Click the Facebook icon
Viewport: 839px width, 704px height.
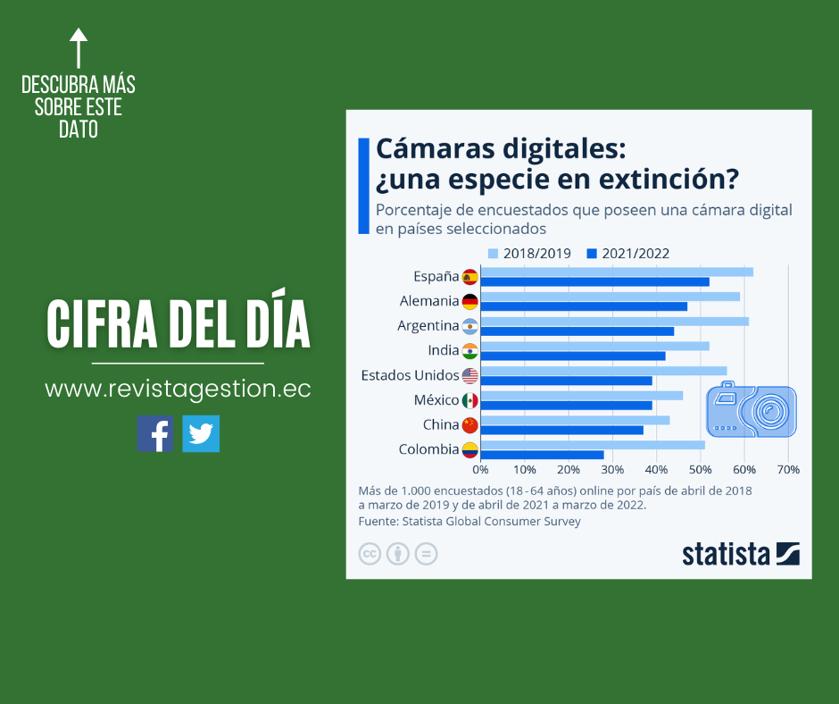[155, 433]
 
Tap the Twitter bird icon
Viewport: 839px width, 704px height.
[201, 433]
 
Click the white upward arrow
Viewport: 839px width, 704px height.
[79, 48]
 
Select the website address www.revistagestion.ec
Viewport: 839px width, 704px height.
[178, 390]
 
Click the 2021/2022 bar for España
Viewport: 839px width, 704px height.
[594, 281]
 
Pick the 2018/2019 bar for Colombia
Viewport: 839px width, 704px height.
[593, 445]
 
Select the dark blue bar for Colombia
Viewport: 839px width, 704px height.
[542, 455]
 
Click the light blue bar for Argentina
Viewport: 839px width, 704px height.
[614, 322]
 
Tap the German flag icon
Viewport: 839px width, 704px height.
[470, 301]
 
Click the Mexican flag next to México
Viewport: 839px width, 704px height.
[470, 400]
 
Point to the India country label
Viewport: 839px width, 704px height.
[443, 350]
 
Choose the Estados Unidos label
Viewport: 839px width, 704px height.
[410, 375]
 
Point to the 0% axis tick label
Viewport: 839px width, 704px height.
[481, 469]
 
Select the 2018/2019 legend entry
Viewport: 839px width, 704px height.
[529, 254]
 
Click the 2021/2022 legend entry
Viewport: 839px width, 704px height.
[628, 254]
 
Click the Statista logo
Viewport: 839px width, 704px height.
[741, 554]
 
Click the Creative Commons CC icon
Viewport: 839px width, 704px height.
[370, 554]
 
